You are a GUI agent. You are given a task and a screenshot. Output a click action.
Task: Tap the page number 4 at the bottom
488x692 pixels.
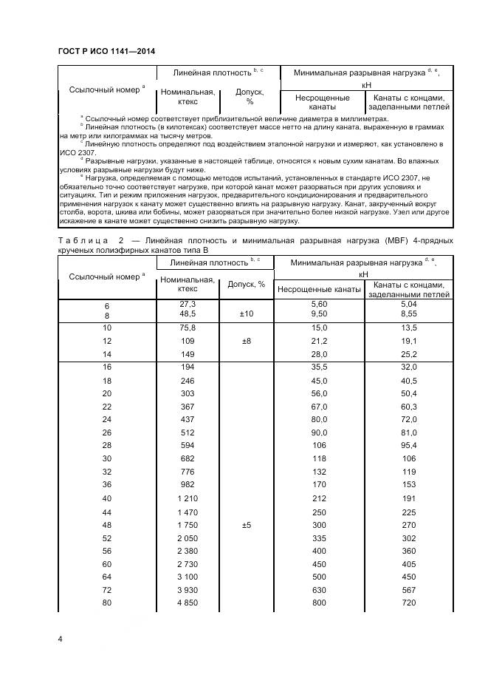60,637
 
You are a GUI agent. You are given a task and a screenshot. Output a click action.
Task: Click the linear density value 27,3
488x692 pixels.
188,304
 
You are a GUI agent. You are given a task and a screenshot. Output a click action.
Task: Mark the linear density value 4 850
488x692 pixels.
188,603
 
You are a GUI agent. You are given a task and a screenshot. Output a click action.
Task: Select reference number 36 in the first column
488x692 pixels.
107,484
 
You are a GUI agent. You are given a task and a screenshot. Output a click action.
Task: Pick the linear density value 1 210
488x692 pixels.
188,498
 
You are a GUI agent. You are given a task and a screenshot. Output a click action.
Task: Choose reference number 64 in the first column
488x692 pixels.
107,576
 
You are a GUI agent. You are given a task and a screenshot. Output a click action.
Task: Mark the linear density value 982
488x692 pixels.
188,484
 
